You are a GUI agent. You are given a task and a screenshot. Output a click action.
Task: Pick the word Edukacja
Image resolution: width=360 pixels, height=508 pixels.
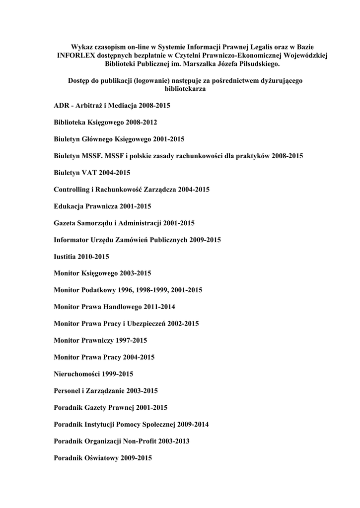pyautogui.click(x=69, y=206)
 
